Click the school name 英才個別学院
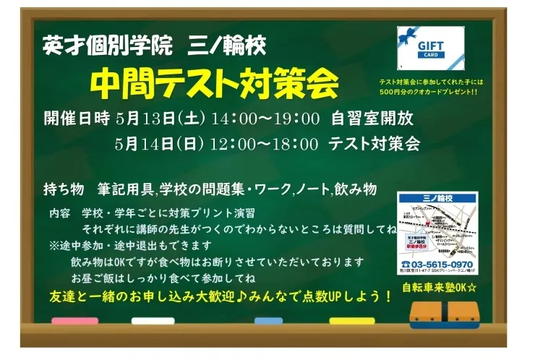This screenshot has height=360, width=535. coord(108,46)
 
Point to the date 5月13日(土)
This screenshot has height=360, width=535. coord(160,118)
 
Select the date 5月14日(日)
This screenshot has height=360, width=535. coord(160,143)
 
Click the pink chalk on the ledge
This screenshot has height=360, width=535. coord(74,320)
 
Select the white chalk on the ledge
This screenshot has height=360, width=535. coord(153,320)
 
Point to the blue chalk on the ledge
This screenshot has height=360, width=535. coord(267,320)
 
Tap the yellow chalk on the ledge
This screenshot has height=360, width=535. coord(352,320)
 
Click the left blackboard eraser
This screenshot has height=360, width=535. coord(424,312)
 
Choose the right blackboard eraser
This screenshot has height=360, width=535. coord(463,312)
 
